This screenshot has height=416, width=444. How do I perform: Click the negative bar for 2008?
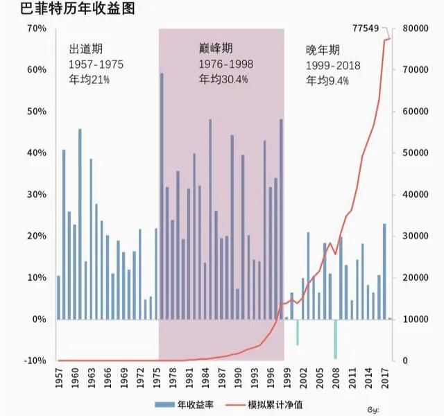click(x=335, y=339)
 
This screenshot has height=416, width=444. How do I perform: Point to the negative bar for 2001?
click(x=298, y=332)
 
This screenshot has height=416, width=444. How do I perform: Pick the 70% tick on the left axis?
click(x=36, y=28)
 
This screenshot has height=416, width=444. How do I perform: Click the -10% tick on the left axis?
click(x=35, y=361)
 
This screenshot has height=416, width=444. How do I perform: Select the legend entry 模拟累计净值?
click(x=275, y=404)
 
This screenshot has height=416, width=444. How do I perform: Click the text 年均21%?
click(x=89, y=80)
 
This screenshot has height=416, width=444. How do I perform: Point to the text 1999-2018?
click(x=333, y=65)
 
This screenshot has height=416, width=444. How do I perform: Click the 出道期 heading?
click(x=86, y=49)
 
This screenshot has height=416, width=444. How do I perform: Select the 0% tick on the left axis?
click(x=39, y=320)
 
